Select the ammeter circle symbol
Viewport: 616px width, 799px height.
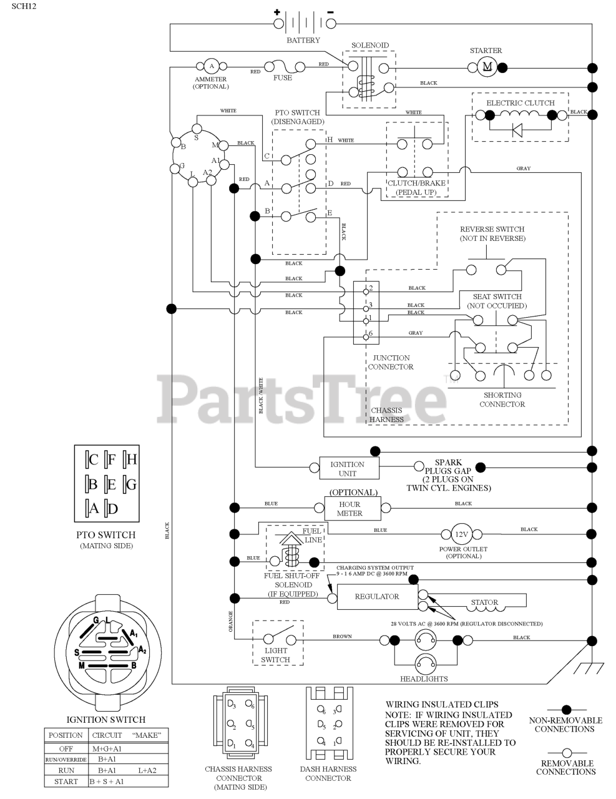[211, 66]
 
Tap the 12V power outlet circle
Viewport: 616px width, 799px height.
[461, 534]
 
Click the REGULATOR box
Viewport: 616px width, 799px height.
[377, 596]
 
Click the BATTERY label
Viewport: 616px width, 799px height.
[303, 41]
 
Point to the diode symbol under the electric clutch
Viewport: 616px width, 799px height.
[517, 129]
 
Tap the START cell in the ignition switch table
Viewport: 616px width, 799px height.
[66, 781]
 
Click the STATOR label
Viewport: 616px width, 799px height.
[484, 602]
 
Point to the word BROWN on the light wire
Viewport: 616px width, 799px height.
[342, 636]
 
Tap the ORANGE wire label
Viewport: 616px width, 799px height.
[231, 622]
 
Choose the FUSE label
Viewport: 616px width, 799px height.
[282, 78]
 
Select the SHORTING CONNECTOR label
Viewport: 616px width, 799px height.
[502, 399]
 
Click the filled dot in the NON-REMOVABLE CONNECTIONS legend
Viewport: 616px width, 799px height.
[566, 709]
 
